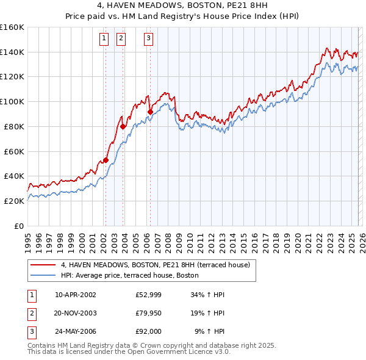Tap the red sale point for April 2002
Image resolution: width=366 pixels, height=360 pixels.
pyautogui.click(x=106, y=160)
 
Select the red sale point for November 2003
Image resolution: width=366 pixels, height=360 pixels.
pyautogui.click(x=123, y=126)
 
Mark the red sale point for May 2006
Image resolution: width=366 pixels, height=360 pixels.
pyautogui.click(x=150, y=112)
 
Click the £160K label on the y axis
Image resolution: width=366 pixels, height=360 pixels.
pyautogui.click(x=12, y=27)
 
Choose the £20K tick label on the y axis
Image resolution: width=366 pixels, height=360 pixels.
pyautogui.click(x=15, y=201)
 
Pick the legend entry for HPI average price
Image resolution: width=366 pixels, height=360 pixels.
pyautogui.click(x=129, y=275)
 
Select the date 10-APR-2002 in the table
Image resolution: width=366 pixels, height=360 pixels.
pyautogui.click(x=75, y=294)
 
